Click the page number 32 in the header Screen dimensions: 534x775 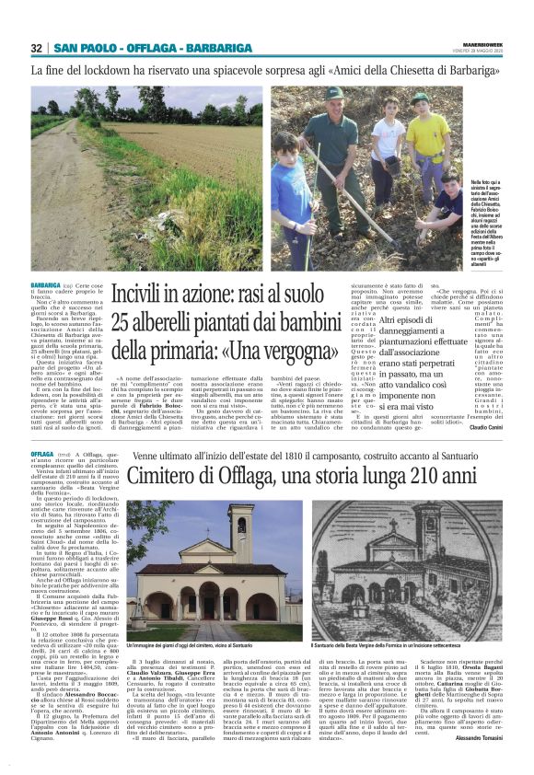coord(37,48)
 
